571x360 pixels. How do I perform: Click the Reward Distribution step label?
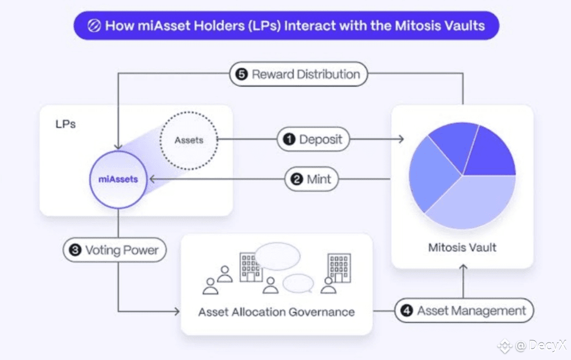299,74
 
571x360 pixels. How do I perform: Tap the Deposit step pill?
313,139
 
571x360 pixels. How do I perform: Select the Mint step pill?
311,179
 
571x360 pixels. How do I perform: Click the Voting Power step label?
115,250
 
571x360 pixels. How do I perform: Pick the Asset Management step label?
465,310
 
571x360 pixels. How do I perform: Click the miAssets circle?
118,179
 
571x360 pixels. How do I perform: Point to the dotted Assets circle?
189,141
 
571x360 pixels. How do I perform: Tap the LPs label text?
66,124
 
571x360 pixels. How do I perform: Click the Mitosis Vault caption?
462,248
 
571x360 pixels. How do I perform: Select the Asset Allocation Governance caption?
276,312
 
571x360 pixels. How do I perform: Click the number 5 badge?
241,74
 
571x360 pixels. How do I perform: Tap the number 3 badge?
75,250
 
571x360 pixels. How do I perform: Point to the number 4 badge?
406,310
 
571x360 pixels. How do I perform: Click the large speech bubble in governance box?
278,256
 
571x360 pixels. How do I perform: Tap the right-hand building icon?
339,268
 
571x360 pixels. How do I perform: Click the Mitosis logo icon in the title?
94,26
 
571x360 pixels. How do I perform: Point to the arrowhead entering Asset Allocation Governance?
177,311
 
